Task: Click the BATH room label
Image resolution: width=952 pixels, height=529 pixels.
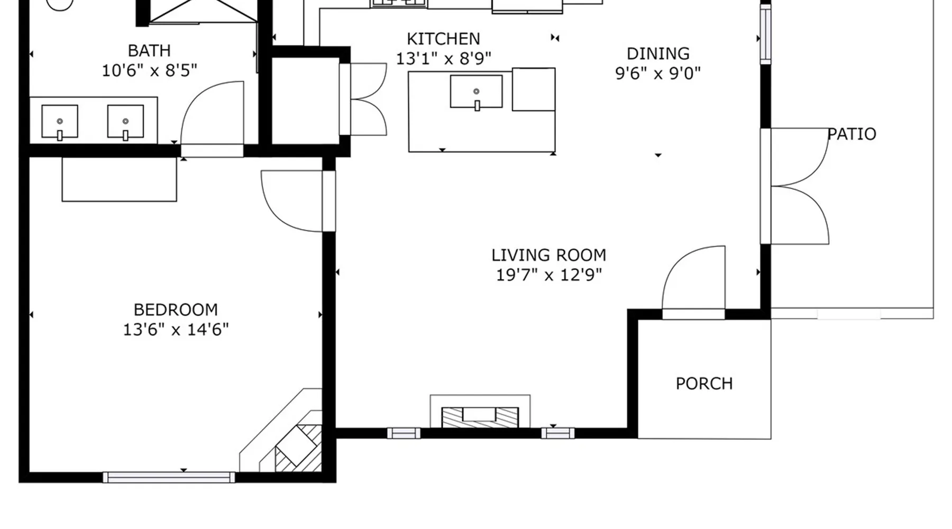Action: click(x=149, y=51)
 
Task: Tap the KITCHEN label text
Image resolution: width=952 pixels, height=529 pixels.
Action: click(x=443, y=39)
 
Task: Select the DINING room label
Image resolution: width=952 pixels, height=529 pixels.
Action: click(x=658, y=53)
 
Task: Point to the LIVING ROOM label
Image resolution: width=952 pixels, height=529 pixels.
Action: click(x=549, y=256)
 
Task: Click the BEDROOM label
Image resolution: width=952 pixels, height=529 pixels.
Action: click(x=176, y=309)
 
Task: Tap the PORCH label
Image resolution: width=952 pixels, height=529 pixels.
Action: click(x=704, y=384)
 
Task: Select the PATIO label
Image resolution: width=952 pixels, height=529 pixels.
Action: click(x=852, y=134)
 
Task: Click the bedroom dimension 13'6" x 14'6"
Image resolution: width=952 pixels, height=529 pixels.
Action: click(x=176, y=330)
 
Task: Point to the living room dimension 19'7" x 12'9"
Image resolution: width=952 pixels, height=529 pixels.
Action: click(x=549, y=275)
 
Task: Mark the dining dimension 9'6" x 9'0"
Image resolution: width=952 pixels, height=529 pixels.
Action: click(x=658, y=73)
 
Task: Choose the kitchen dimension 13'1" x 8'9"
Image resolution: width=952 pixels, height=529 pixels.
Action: click(x=443, y=59)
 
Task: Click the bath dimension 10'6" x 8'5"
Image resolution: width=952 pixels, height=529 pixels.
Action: click(x=149, y=70)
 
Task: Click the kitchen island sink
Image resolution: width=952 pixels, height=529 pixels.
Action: click(x=477, y=92)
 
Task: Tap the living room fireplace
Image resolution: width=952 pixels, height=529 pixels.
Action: click(x=480, y=412)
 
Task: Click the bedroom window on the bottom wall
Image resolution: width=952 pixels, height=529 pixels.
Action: click(x=169, y=478)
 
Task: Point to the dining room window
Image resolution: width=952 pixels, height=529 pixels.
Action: click(x=765, y=35)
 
